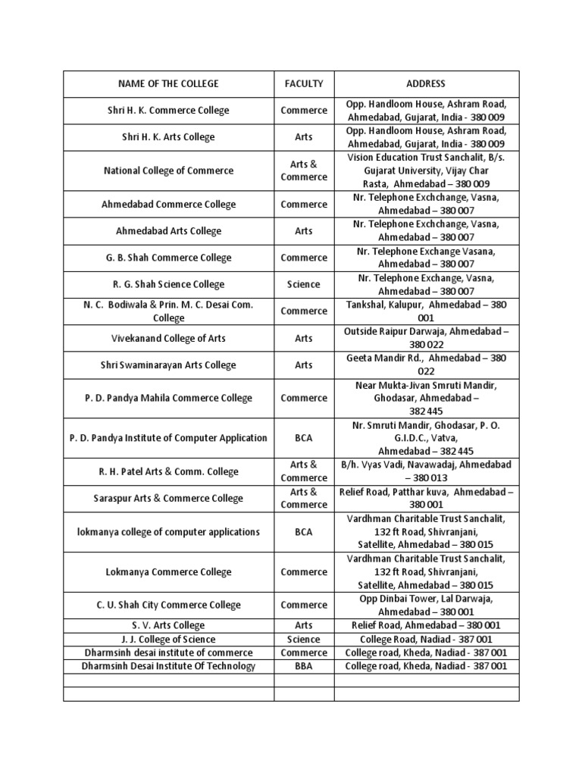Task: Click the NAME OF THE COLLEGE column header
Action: coord(168,84)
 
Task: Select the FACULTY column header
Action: coord(304,84)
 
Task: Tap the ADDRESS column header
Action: coord(426,84)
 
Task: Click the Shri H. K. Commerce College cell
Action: coord(168,111)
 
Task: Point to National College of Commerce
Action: coord(168,171)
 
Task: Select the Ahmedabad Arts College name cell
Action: coord(168,231)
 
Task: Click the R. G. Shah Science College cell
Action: coord(168,284)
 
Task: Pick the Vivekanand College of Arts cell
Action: coord(168,338)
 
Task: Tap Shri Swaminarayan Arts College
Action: coord(168,365)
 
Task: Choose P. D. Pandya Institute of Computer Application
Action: coord(168,438)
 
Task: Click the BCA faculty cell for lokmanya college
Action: coord(304,532)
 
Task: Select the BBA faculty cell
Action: coord(304,666)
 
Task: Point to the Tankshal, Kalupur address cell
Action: coord(426,311)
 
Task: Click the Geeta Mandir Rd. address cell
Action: coord(426,365)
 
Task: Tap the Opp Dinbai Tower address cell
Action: coord(426,605)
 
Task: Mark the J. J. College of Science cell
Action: coord(168,639)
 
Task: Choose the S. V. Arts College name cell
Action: coord(168,625)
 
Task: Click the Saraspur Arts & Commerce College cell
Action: coord(168,498)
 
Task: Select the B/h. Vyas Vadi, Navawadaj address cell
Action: coord(426,471)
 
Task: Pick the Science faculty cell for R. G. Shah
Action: coord(304,284)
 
